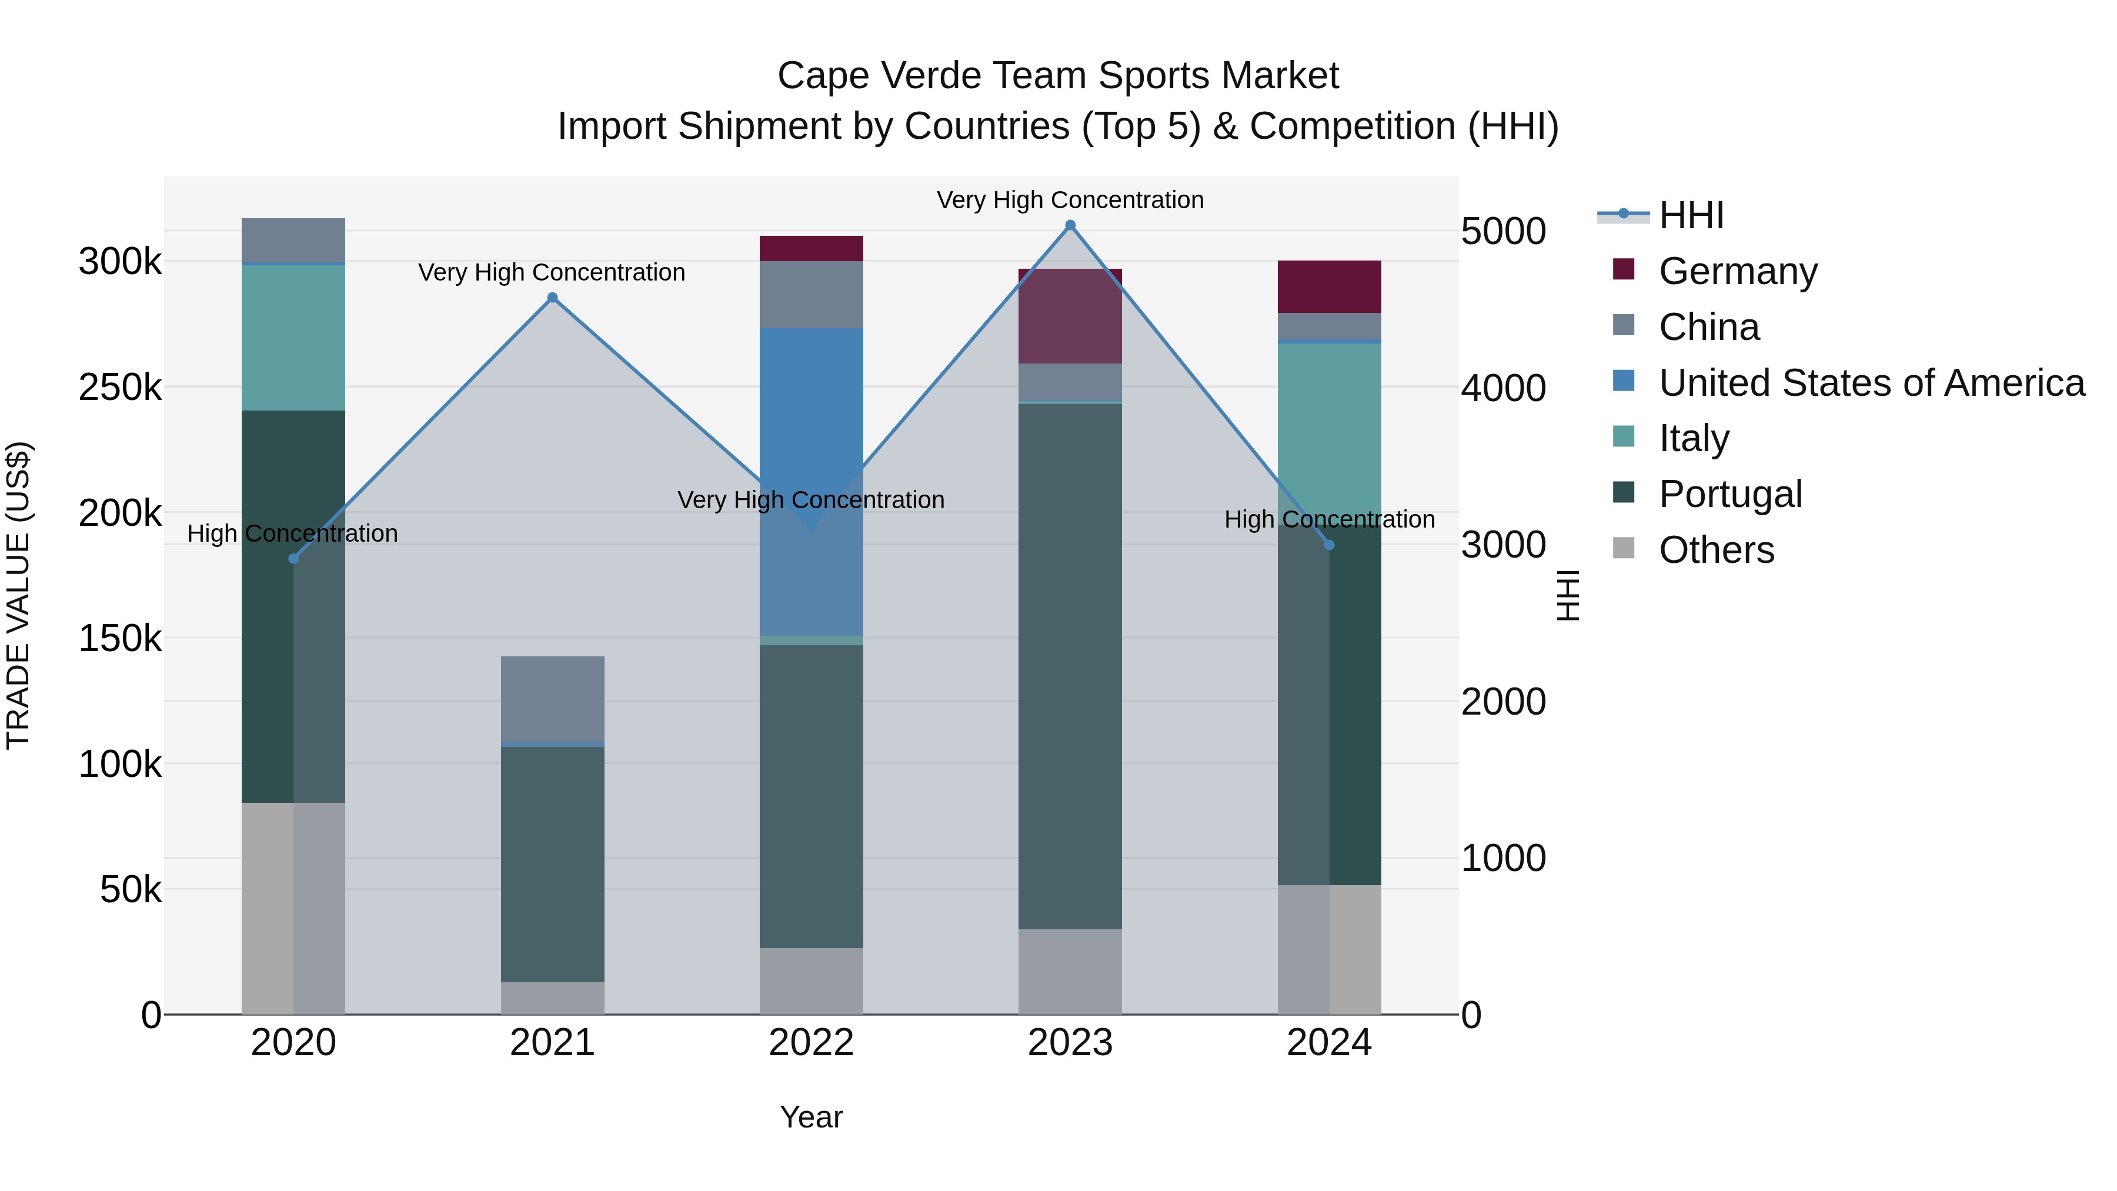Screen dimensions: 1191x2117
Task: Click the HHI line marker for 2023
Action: (x=1070, y=225)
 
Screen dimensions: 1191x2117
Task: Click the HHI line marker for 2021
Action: (x=552, y=298)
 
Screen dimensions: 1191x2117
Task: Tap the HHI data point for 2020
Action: (x=293, y=559)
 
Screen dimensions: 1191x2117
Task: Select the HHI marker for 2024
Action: (x=1329, y=545)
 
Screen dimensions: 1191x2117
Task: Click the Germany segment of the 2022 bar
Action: (x=811, y=248)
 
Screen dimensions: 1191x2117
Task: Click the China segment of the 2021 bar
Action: (x=552, y=699)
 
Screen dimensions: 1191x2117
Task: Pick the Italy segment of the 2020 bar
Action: (x=293, y=337)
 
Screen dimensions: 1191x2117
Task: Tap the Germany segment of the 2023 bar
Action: (x=1070, y=316)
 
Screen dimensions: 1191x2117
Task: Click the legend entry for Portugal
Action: (x=1730, y=494)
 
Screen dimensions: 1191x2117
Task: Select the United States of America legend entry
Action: (x=1871, y=383)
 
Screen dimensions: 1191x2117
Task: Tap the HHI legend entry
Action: (x=1691, y=215)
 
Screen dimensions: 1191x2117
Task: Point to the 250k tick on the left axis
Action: (x=120, y=387)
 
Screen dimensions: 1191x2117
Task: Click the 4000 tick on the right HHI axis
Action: (x=1503, y=388)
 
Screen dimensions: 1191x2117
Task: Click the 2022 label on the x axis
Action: (x=811, y=1043)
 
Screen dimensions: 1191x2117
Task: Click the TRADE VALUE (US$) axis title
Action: (x=18, y=595)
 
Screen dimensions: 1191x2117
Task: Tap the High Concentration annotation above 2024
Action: (x=1329, y=519)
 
